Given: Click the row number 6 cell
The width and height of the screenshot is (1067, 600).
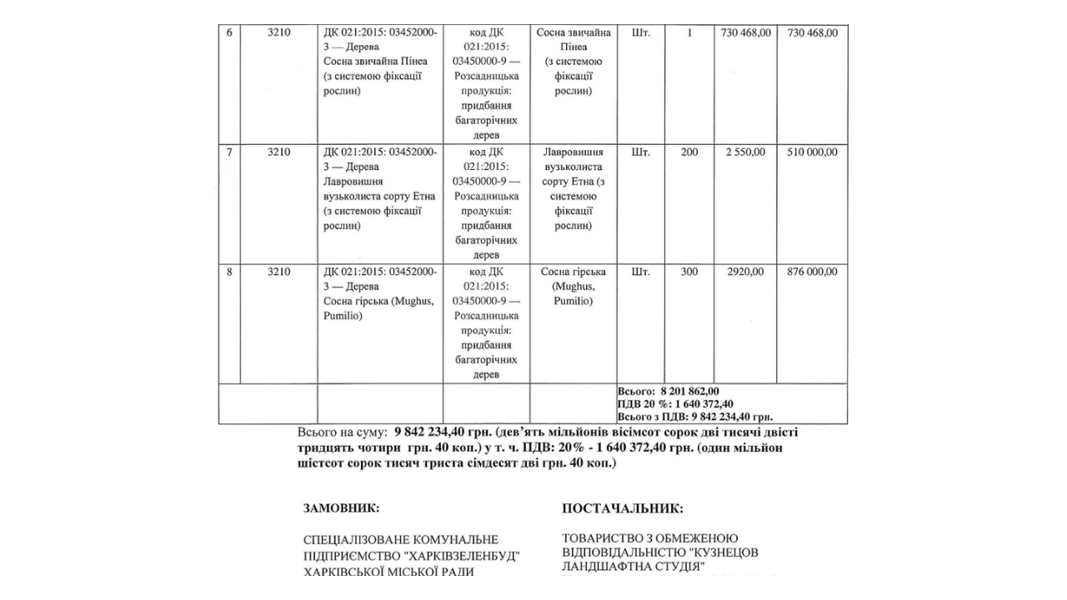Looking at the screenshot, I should coord(229,32).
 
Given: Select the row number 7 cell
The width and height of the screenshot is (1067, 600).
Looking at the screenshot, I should coord(229,152).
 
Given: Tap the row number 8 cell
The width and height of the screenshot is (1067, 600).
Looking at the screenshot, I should coord(229,272).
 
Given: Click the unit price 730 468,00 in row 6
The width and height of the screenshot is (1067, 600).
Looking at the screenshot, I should coord(744,32).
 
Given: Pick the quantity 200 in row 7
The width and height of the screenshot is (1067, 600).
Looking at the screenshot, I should coord(689,152).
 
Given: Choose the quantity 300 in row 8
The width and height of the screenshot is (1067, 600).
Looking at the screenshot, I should coord(689,272).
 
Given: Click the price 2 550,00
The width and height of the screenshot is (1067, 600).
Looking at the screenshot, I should coord(744,152).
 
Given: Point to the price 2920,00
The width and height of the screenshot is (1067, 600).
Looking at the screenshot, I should coord(744,272).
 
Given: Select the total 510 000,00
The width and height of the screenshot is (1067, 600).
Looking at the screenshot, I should coord(812,152).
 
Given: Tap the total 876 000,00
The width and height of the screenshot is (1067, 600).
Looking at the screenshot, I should coord(812,272).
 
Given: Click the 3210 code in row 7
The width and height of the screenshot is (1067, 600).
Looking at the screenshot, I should coord(279,152).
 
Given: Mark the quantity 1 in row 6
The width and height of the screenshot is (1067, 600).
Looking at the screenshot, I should coord(689,32).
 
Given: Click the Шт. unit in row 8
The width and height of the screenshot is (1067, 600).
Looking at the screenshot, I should coord(641,272).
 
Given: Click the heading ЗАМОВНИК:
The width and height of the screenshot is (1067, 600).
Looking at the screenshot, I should coord(342,507).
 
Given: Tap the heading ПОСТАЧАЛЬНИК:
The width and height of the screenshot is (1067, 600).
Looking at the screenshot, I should coord(623,508).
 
